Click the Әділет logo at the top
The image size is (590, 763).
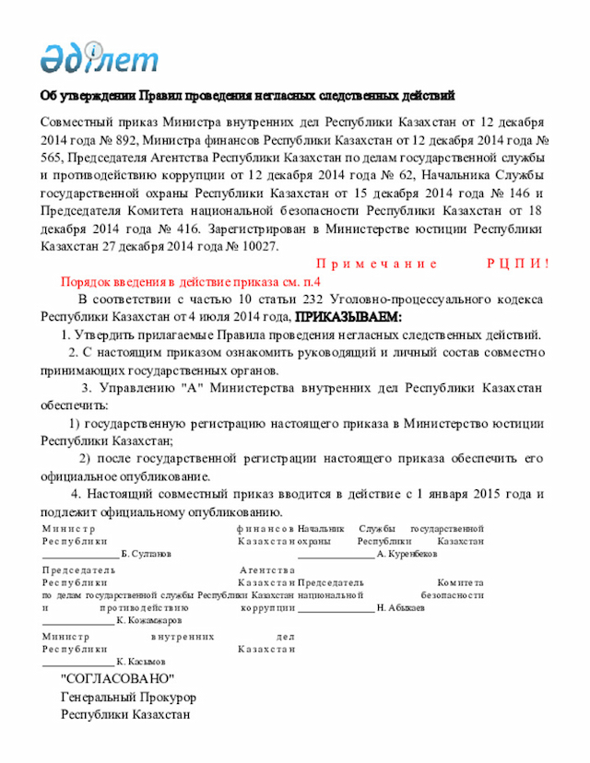pyautogui.click(x=100, y=57)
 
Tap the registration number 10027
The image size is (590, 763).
pyautogui.click(x=258, y=246)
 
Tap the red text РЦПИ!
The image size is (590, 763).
pyautogui.click(x=517, y=264)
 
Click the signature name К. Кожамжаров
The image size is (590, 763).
pyautogui.click(x=148, y=621)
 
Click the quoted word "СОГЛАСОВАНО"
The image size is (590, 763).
pyautogui.click(x=119, y=679)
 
